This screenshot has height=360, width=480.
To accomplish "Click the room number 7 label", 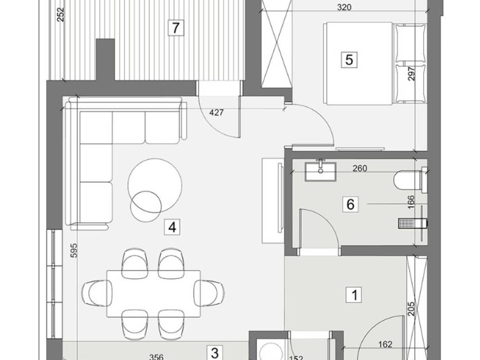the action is coord(176,28).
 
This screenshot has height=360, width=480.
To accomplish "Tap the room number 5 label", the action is coord(349,60).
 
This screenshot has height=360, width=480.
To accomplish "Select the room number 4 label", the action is coord(172,227).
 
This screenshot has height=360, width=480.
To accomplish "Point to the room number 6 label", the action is coord(350,204).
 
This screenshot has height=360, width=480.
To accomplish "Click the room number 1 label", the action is coord(354,295).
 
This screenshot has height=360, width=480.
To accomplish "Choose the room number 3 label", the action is coord(215,353).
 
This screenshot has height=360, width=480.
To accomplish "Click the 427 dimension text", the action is coord(217,112).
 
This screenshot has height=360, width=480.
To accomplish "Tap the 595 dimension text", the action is coord(74,250).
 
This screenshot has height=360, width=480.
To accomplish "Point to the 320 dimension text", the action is coord(344,7).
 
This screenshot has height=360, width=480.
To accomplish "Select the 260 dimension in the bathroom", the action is coord(360,168).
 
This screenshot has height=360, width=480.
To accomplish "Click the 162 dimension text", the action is coord(385,345).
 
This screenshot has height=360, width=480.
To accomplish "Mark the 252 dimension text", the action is coord(61,15).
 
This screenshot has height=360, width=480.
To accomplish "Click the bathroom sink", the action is coord(321,172).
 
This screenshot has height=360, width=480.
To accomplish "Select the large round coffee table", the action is coord(155,185).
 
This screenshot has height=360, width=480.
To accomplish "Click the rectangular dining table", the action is coord(153,293).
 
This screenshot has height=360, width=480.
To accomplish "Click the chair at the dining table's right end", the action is coord(210,293).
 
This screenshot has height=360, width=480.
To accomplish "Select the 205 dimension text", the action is coord(411,309).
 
